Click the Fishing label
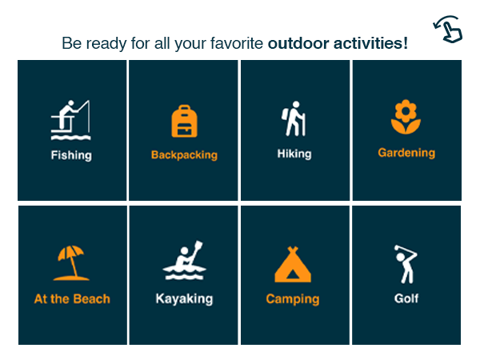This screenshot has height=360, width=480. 71,155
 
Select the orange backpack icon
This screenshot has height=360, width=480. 184,121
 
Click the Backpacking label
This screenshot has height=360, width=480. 184,155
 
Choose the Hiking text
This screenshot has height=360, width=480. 294,154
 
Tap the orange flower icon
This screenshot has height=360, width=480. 406,117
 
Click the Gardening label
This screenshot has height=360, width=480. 406,153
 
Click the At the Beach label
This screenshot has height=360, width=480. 72,299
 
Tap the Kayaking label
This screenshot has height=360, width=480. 184,299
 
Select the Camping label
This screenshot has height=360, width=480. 293,299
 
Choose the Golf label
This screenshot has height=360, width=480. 406,299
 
